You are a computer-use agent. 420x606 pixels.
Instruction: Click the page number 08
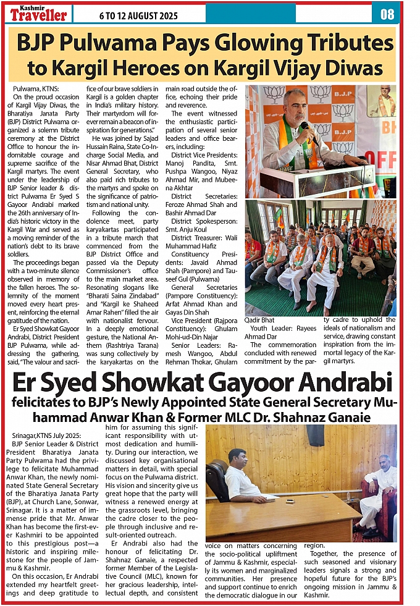tap(387, 13)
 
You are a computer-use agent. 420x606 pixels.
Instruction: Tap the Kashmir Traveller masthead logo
tap(38, 13)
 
